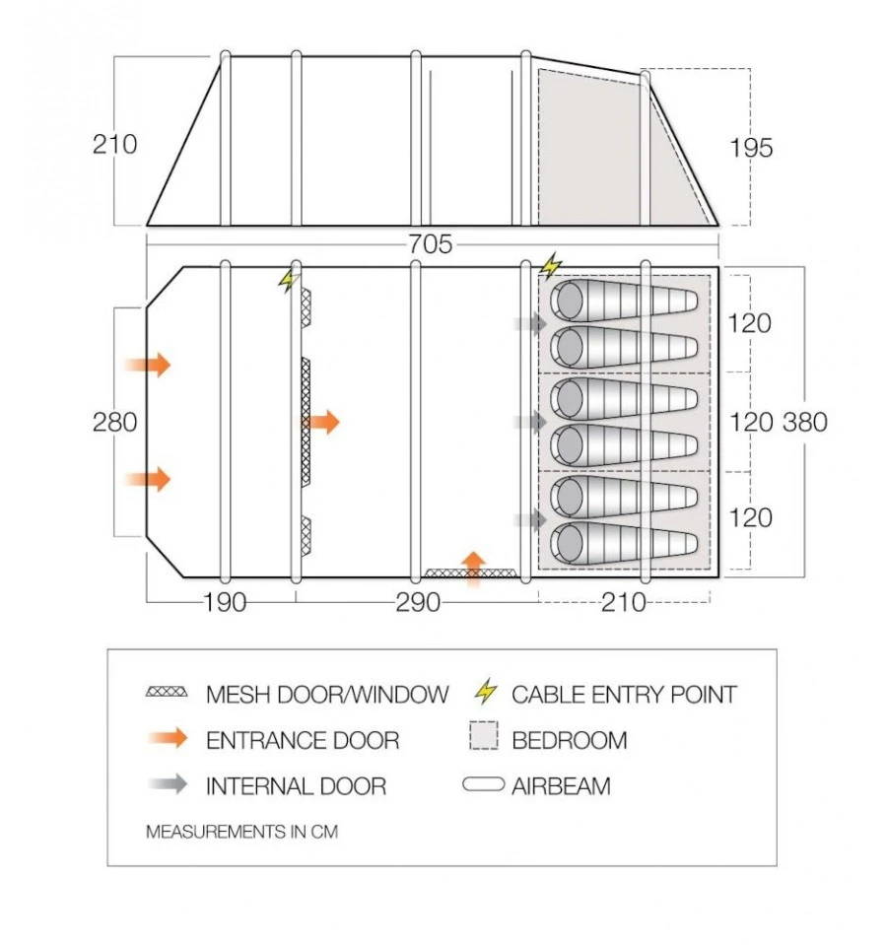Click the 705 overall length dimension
click(430, 244)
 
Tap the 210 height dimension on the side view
click(115, 144)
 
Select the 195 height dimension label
click(752, 148)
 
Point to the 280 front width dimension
click(115, 422)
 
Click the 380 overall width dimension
click(805, 422)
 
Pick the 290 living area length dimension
click(418, 602)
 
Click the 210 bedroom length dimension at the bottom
click(624, 602)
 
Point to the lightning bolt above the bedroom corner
click(551, 265)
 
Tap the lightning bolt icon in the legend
click(485, 694)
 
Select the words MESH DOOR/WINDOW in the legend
click(326, 695)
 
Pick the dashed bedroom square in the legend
click(484, 739)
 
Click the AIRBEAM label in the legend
click(561, 785)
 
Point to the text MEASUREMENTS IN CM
click(241, 832)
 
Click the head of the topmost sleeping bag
click(570, 300)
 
